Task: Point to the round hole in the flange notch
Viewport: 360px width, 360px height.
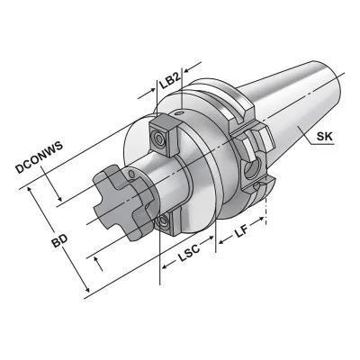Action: coord(249,169)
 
